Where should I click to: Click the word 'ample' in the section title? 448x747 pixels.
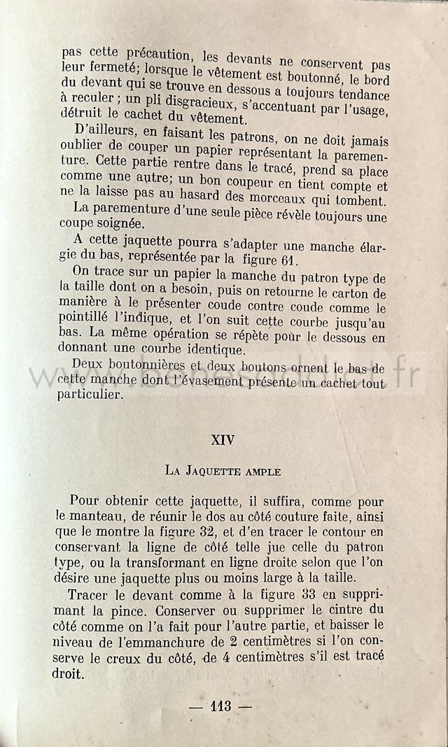(x=262, y=472)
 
